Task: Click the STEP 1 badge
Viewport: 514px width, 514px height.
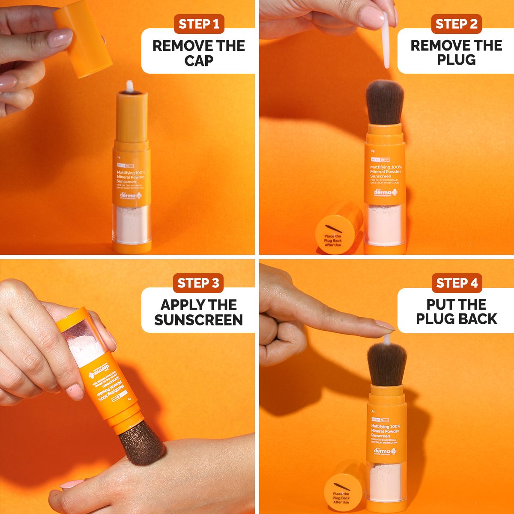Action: [199, 24]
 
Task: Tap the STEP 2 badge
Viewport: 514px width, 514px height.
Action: [456, 24]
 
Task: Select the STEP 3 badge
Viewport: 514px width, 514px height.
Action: [198, 283]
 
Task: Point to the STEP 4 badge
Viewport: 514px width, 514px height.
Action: [457, 283]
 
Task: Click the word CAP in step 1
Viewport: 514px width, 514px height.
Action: [199, 60]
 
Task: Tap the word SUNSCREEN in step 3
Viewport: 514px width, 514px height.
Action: [199, 320]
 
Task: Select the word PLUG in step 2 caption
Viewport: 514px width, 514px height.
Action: [456, 60]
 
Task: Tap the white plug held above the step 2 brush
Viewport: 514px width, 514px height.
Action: [386, 41]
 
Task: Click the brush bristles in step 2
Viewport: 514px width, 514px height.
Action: [385, 104]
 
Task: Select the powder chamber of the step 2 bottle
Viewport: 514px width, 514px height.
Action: [384, 225]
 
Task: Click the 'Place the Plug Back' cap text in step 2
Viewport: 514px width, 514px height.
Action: [333, 240]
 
